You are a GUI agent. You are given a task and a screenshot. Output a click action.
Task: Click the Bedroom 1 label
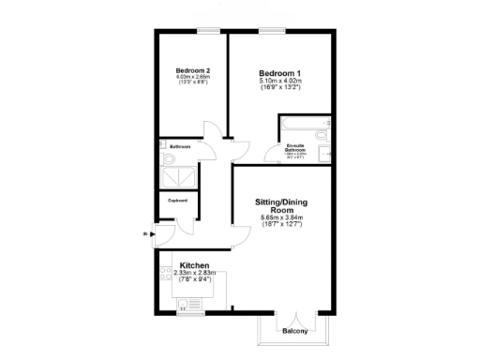(x=280, y=72)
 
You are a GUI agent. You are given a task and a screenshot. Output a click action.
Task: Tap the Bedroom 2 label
(x=192, y=70)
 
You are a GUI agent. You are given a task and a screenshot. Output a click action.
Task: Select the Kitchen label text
(x=194, y=265)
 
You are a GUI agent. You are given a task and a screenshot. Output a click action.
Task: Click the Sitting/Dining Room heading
(x=282, y=205)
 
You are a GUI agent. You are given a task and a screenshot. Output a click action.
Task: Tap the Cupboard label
(x=177, y=201)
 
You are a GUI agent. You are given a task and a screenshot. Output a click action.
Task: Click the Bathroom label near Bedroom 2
(x=180, y=147)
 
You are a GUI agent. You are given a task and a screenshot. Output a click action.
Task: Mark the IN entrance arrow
(x=144, y=233)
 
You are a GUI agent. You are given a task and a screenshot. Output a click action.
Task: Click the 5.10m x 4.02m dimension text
(x=280, y=82)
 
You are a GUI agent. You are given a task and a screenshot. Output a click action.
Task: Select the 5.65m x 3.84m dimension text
(x=282, y=218)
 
